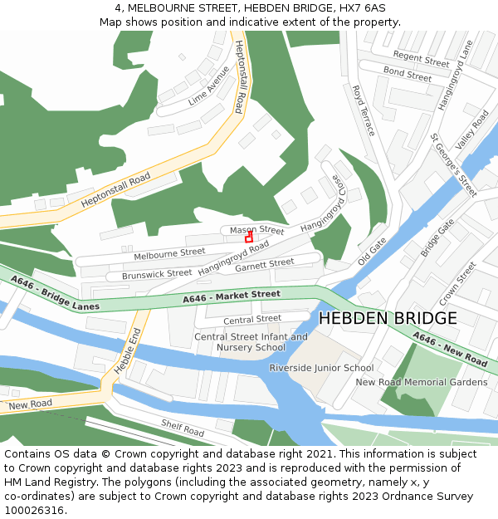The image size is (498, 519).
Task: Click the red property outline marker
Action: tap(249, 237)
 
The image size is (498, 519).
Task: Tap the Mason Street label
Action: tap(256, 229)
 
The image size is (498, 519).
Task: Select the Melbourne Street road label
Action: tap(169, 252)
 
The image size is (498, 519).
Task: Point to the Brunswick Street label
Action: tap(157, 273)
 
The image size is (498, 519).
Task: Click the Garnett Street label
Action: tap(264, 264)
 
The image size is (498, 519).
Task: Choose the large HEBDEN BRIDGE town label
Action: tap(388, 318)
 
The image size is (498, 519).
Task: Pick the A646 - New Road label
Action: tap(450, 350)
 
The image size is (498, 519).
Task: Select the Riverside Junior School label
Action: tap(321, 368)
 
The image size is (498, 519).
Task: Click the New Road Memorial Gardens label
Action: tap(422, 382)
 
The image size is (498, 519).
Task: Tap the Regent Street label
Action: tap(421, 58)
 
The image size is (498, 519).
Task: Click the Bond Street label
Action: tap(408, 75)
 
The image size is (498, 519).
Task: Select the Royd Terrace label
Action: tap(364, 110)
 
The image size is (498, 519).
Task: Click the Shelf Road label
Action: tap(183, 428)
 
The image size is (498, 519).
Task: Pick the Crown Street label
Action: tap(457, 283)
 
